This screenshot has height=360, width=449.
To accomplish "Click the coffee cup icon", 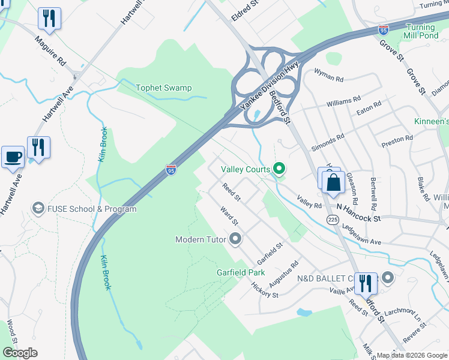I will [13, 157].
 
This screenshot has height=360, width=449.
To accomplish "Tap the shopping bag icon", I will [333, 181].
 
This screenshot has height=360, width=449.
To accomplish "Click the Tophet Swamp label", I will [163, 88].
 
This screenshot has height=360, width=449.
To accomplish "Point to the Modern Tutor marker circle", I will [235, 239].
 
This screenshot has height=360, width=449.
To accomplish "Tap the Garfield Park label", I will [241, 272].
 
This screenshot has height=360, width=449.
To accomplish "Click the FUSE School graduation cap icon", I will [38, 209].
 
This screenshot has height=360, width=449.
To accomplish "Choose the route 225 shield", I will [333, 220].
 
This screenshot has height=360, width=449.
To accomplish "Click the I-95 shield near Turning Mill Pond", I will [383, 29].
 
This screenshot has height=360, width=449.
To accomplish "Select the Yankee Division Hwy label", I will [269, 87].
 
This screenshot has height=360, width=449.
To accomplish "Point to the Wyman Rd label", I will [328, 79].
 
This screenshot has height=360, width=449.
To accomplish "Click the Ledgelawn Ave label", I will [362, 235].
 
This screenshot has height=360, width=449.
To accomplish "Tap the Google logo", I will [20, 352].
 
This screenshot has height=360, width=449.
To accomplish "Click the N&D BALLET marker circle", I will [388, 278].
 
